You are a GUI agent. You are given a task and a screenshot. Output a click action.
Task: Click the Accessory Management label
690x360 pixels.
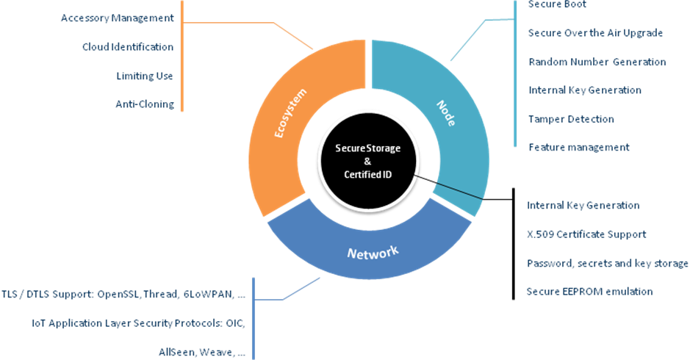pyautogui.click(x=118, y=18)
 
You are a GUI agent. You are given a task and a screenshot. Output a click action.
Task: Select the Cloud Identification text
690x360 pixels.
pyautogui.click(x=128, y=47)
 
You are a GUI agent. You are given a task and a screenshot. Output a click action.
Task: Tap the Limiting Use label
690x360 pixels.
pyautogui.click(x=145, y=76)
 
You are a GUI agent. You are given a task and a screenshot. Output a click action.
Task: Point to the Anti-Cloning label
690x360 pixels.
pyautogui.click(x=145, y=104)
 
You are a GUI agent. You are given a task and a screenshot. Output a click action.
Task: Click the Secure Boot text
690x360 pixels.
pyautogui.click(x=557, y=4)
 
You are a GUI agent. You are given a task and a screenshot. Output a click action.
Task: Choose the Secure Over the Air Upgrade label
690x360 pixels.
pyautogui.click(x=595, y=33)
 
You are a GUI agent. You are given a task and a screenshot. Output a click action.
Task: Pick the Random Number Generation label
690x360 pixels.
pyautogui.click(x=597, y=62)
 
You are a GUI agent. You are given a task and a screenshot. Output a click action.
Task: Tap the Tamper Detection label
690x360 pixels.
pyautogui.click(x=571, y=119)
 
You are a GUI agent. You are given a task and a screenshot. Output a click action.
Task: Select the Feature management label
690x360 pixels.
pyautogui.click(x=578, y=148)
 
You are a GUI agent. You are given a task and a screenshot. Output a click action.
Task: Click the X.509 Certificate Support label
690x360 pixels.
pyautogui.click(x=586, y=234)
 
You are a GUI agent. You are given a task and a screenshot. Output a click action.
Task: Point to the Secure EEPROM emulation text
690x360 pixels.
pyautogui.click(x=589, y=292)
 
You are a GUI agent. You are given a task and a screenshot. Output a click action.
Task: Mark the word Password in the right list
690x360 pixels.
pyautogui.click(x=549, y=263)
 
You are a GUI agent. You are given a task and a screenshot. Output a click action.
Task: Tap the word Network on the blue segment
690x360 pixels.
pyautogui.click(x=372, y=252)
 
